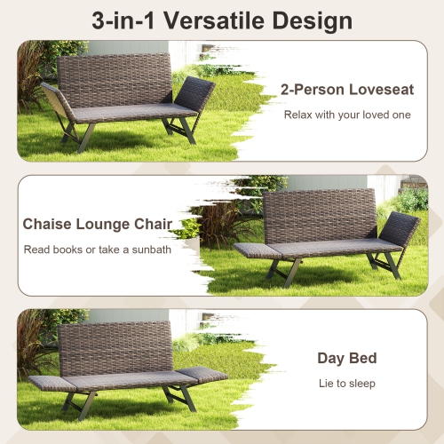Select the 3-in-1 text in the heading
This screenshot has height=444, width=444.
(126, 20)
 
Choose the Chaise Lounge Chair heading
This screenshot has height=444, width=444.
(98, 224)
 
